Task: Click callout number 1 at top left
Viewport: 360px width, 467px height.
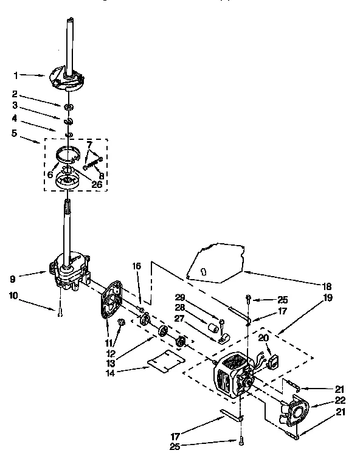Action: (x=16, y=75)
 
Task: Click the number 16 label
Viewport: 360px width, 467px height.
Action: (x=137, y=266)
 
